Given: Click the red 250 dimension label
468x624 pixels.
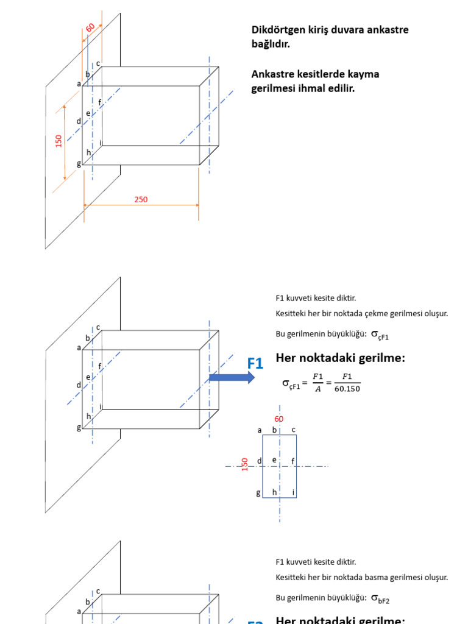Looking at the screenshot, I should pyautogui.click(x=141, y=199).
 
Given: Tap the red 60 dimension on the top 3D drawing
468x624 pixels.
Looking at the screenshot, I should pyautogui.click(x=90, y=28).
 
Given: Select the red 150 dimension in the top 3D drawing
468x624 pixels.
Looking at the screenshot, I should pyautogui.click(x=59, y=141).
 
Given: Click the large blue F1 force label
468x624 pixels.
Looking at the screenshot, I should pyautogui.click(x=255, y=364).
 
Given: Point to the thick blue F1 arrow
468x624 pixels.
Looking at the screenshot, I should pyautogui.click(x=232, y=378).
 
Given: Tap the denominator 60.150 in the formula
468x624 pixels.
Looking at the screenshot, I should pyautogui.click(x=347, y=389).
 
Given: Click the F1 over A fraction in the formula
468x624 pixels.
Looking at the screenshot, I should pyautogui.click(x=317, y=383).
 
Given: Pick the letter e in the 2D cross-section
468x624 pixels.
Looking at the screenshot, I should pyautogui.click(x=274, y=459).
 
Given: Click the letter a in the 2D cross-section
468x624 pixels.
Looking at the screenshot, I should pyautogui.click(x=260, y=430).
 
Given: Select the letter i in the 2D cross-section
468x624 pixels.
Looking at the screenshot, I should pyautogui.click(x=293, y=492).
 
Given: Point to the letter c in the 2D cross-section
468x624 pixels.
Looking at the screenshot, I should pyautogui.click(x=293, y=430).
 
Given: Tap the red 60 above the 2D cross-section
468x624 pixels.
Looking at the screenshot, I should pyautogui.click(x=279, y=419).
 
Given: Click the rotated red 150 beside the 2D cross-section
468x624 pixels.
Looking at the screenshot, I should pyautogui.click(x=245, y=464).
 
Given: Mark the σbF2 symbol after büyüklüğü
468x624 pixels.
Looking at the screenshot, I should pyautogui.click(x=380, y=598).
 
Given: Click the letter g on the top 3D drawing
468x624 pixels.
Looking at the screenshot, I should pyautogui.click(x=79, y=163).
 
